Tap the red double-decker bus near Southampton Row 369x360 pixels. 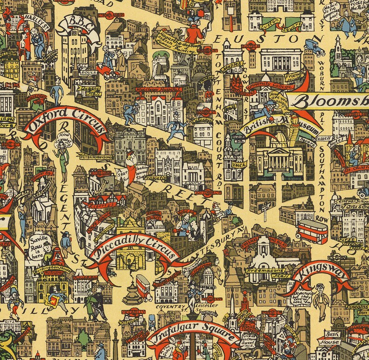[x=312, y=231]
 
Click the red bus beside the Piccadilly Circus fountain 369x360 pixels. [x=144, y=287]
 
